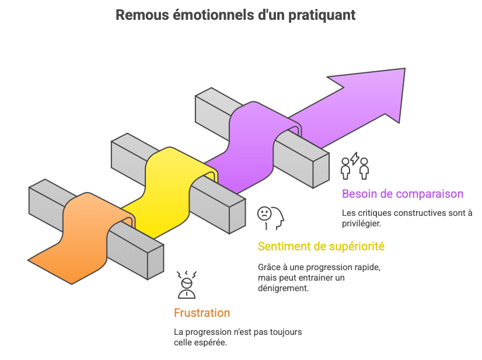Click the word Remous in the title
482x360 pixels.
135,15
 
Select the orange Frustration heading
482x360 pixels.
202,313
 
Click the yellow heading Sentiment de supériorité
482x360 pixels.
321,246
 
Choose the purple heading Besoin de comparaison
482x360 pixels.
403,194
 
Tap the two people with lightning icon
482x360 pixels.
355,166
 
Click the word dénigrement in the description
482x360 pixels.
282,288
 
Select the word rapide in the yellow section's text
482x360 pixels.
367,267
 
